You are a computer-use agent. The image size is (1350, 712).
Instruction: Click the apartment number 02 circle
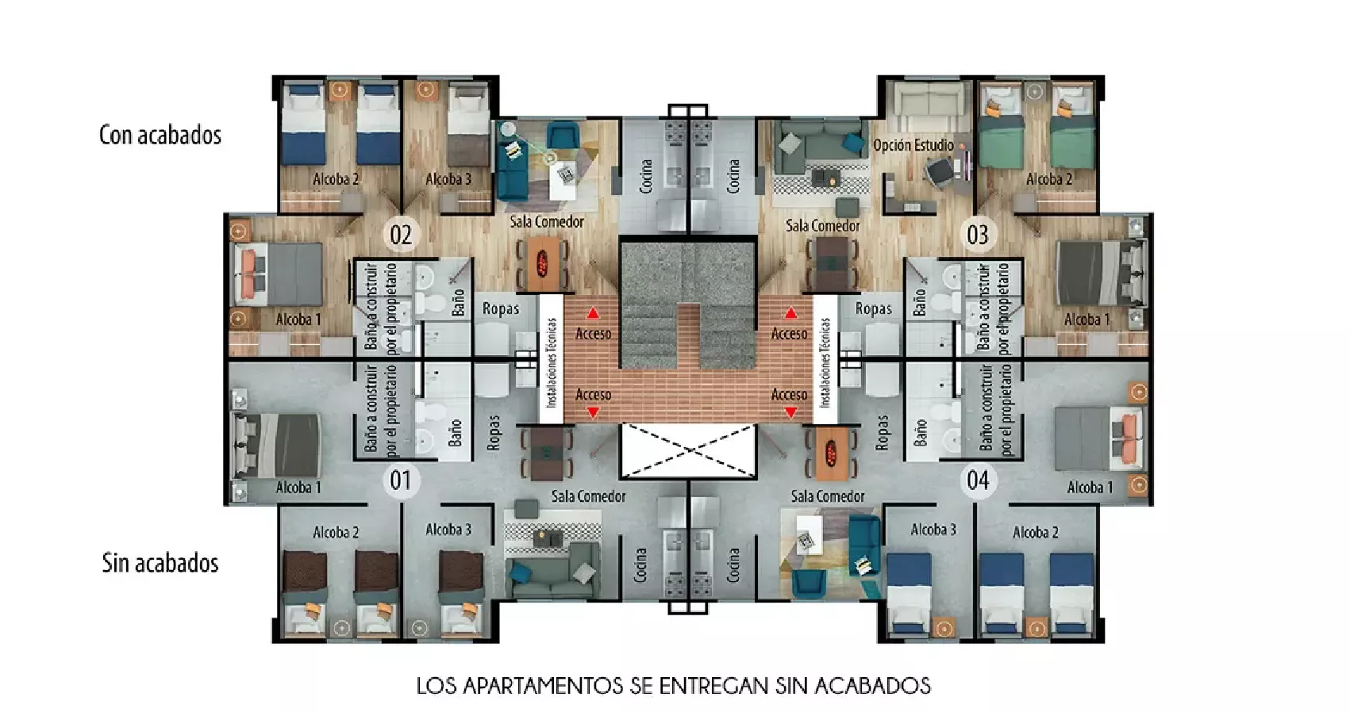point(401,234)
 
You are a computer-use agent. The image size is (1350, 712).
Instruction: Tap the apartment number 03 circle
point(978,234)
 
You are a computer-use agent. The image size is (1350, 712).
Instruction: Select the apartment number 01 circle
point(401,480)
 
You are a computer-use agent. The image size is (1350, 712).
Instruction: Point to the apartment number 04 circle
point(978,480)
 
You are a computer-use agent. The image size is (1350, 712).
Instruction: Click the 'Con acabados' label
point(160,135)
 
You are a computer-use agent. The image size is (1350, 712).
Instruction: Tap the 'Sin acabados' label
point(160,563)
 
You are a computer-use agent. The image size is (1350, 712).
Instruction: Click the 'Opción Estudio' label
point(913,145)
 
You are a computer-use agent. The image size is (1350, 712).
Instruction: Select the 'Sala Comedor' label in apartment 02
point(547,221)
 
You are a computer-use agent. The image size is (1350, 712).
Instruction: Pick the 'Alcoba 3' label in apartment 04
point(933,529)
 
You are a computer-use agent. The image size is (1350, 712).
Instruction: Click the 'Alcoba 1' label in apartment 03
point(1087,319)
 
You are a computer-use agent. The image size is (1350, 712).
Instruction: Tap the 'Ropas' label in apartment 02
point(500,308)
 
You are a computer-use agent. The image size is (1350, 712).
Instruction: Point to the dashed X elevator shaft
point(687,451)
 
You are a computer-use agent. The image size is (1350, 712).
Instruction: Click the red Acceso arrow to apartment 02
point(593,313)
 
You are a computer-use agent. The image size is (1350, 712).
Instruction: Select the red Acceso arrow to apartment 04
point(790,412)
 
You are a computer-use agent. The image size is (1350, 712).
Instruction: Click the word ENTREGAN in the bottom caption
point(713,686)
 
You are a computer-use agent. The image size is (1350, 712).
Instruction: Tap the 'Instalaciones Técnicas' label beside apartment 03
point(825,362)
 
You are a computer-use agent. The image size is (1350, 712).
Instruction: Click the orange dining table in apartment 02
point(542,263)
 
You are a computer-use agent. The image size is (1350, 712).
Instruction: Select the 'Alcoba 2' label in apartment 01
point(336,532)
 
